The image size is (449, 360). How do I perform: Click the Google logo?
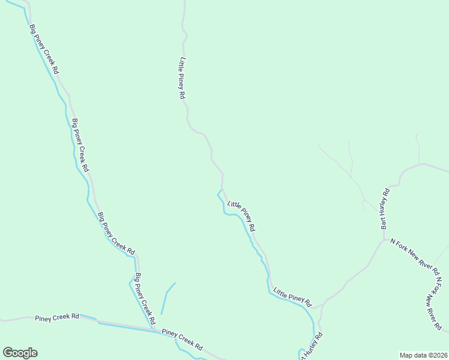coord(20,353)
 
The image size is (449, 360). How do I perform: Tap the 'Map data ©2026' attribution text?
coord(423,355)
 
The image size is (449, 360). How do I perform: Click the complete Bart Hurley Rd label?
coord(385,209)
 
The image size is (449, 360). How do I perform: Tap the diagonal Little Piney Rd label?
coord(241,216)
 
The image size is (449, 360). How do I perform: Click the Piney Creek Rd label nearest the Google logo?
coord(57,317)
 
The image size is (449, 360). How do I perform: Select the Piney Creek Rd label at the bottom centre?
coord(182,340)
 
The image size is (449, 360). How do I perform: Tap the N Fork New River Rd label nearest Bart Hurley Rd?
coord(415,254)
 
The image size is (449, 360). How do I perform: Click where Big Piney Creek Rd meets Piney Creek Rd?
coord(155,328)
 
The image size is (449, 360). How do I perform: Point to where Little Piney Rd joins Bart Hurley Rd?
coord(323,305)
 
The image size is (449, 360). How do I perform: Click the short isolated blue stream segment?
coord(167,298)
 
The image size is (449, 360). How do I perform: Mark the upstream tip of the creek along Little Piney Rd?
coord(220,190)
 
